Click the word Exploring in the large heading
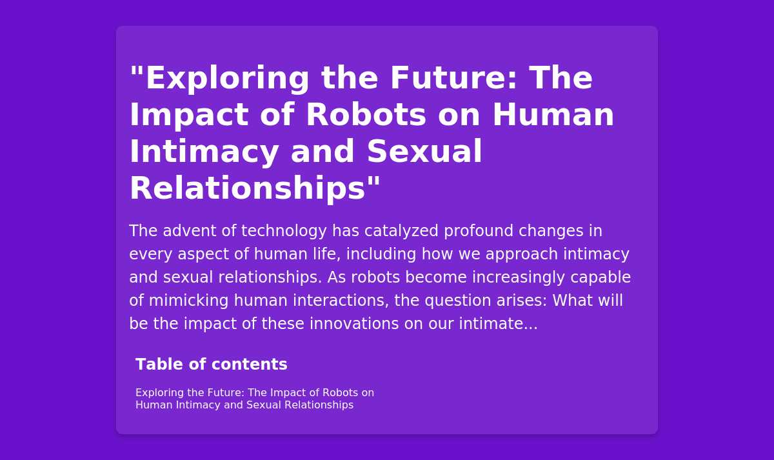point(227,79)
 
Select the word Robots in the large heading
point(366,115)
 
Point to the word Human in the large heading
point(553,115)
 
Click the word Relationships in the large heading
point(248,188)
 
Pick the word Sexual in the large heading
point(424,152)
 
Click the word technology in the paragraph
point(284,231)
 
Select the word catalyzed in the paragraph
point(401,231)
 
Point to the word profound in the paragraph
point(478,231)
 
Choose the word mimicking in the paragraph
point(188,301)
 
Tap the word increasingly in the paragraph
point(519,277)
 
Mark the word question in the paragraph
point(458,301)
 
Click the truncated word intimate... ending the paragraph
point(498,324)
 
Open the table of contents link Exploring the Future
point(254,399)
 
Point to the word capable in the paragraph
point(600,277)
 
